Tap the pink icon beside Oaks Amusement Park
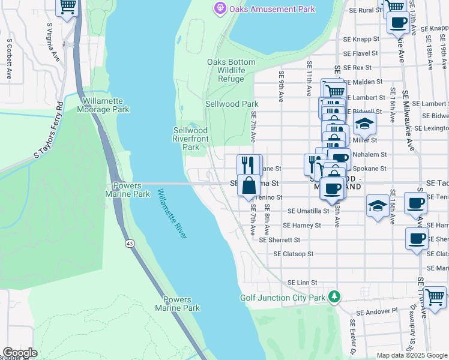(x=219, y=9)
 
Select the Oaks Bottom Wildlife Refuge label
(x=231, y=70)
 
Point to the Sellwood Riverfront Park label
(x=190, y=139)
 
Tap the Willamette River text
(x=172, y=214)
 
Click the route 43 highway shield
(x=130, y=244)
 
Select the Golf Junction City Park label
(x=282, y=298)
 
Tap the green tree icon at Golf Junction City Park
(x=334, y=297)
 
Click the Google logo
(x=20, y=353)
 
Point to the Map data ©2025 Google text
(x=412, y=355)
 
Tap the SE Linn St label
(x=302, y=282)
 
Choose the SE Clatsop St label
(x=294, y=254)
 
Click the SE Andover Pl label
(x=377, y=311)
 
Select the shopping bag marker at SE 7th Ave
(x=249, y=185)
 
